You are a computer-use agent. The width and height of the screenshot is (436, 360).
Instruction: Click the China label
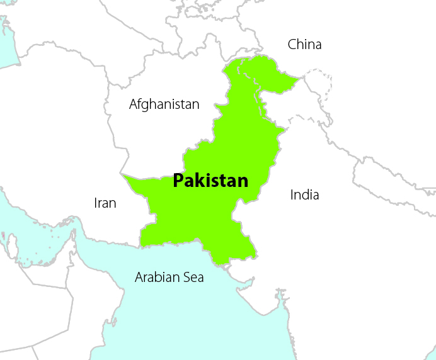304,44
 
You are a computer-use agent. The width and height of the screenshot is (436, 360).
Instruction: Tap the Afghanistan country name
164,104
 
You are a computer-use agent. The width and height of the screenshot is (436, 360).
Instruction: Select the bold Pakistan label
210,181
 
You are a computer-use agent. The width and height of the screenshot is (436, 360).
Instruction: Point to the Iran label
105,203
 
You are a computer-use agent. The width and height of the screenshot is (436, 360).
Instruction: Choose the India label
304,194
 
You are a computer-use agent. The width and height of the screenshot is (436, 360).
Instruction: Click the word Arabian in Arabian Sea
156,277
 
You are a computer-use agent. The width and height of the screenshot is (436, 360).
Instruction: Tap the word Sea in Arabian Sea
193,277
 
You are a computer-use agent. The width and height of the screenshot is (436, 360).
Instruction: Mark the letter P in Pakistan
178,181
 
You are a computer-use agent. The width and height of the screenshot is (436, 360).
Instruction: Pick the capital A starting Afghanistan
134,104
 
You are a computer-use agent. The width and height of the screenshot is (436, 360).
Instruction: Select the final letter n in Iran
113,203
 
